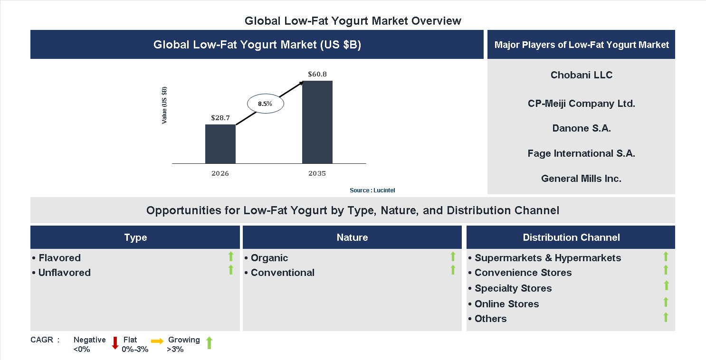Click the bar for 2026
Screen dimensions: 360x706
coord(220,144)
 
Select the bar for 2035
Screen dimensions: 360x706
coord(317,122)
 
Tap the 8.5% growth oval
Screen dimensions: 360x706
coord(265,103)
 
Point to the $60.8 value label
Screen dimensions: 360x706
coord(317,74)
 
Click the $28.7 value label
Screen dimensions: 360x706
coord(220,117)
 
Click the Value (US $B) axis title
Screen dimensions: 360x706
coord(164,105)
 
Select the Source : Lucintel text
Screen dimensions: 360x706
coord(372,190)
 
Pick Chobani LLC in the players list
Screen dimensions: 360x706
coord(581,75)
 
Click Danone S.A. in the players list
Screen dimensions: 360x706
coord(581,128)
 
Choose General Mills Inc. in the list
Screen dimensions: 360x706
coord(581,179)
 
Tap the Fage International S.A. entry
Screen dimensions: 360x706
coord(581,153)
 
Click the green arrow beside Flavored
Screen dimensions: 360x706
coord(231,257)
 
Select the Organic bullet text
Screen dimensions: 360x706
coord(269,258)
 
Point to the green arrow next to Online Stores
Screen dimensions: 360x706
coord(666,302)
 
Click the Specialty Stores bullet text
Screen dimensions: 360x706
coord(513,288)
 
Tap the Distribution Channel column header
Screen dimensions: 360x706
coord(571,237)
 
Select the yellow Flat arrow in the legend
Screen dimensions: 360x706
coord(157,341)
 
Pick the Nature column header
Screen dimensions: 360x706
coord(352,237)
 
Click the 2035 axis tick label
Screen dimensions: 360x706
coord(317,173)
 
